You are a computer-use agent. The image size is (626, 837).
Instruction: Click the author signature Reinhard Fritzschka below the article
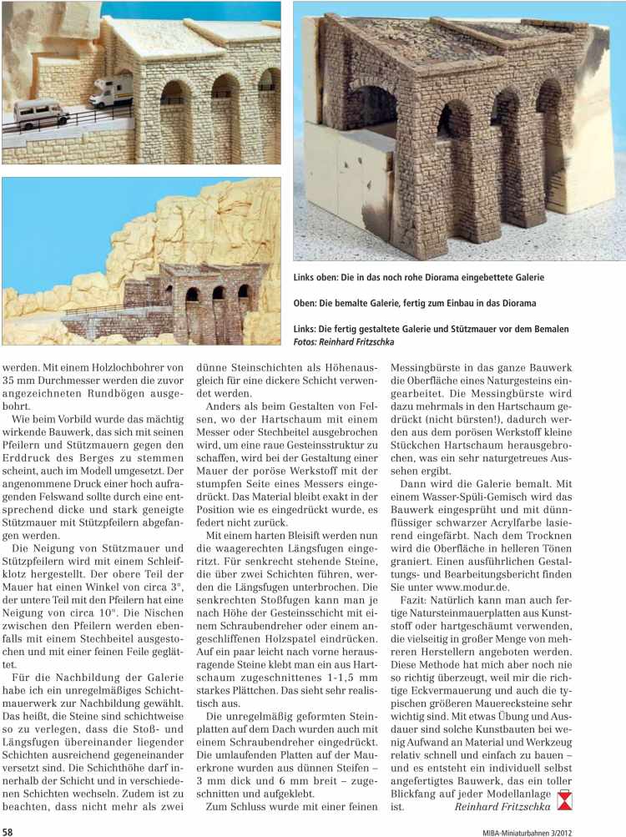(503, 807)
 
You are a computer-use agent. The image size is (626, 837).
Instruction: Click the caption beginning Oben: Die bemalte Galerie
(415, 303)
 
